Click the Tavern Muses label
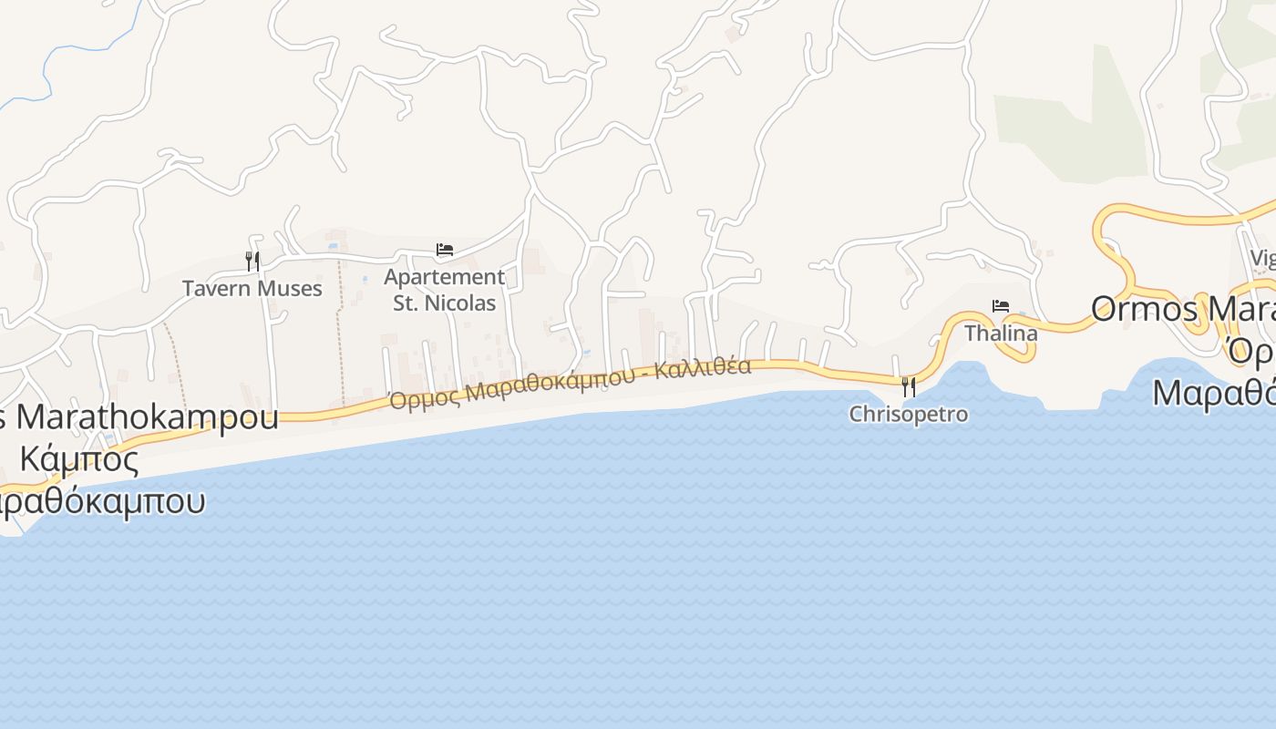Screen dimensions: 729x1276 pyautogui.click(x=252, y=289)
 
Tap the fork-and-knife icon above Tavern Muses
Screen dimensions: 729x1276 pyautogui.click(x=252, y=262)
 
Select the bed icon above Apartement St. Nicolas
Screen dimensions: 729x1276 pyautogui.click(x=445, y=249)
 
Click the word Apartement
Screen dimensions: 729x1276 pyautogui.click(x=444, y=276)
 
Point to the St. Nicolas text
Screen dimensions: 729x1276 pyautogui.click(x=444, y=303)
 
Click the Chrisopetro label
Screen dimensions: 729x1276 pyautogui.click(x=908, y=415)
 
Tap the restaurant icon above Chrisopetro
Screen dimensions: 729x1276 pyautogui.click(x=908, y=387)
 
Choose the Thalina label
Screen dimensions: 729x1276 pyautogui.click(x=1001, y=334)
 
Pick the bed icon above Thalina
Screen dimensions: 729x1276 pyautogui.click(x=1001, y=306)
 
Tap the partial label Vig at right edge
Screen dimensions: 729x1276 pyautogui.click(x=1262, y=259)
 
